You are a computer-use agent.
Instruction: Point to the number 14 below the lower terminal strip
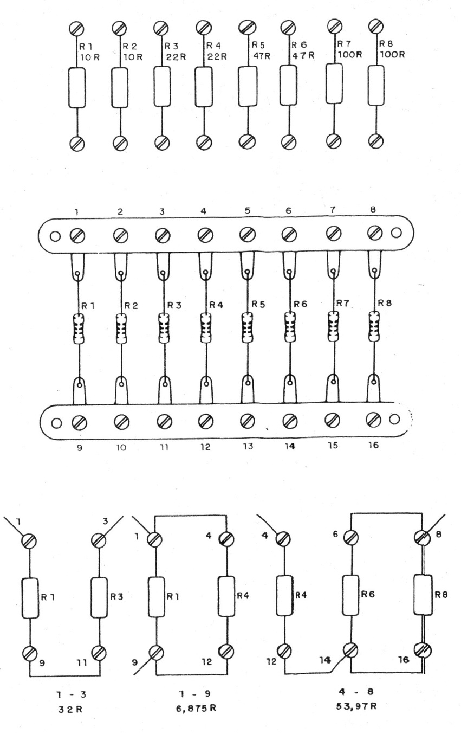tap(290, 447)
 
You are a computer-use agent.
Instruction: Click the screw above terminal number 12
tap(204, 420)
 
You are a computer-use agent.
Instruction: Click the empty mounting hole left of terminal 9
tap(54, 421)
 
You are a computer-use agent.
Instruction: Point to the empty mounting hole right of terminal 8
tap(396, 234)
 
